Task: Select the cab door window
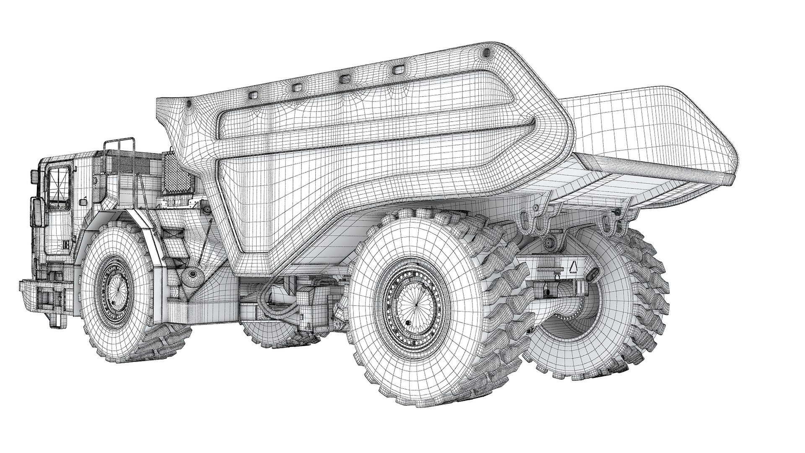[58, 188]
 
